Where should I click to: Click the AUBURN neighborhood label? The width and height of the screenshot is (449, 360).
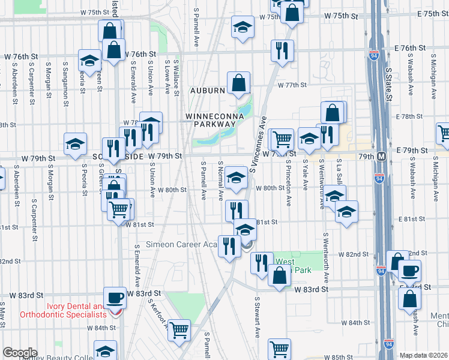tap(208, 91)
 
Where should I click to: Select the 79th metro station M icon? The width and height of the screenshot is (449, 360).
tap(388, 156)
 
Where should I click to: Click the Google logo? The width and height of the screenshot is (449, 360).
tap(20, 352)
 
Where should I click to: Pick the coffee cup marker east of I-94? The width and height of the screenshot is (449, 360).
tap(409, 271)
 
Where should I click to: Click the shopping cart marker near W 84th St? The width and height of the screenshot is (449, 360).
tap(179, 329)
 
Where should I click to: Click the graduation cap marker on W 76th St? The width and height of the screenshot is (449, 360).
tap(89, 61)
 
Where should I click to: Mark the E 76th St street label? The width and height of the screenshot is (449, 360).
tap(411, 47)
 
